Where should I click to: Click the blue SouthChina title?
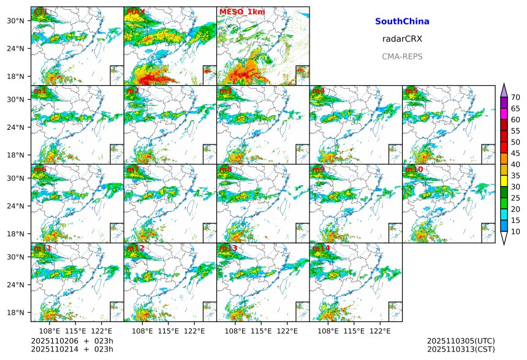[402, 21]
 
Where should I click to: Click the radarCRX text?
[402, 39]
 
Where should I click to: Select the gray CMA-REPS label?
[402, 56]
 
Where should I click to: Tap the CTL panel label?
[40, 12]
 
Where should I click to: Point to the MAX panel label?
[135, 12]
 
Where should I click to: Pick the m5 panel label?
[411, 91]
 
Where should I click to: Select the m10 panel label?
[414, 169]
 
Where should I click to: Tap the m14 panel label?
[320, 248]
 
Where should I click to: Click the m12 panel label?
[135, 248]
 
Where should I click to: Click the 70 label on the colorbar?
[516, 97]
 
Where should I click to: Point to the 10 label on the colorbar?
[516, 231]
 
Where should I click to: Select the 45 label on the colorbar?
[516, 153]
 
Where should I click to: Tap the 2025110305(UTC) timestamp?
[461, 340]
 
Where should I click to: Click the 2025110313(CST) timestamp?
[461, 349]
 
